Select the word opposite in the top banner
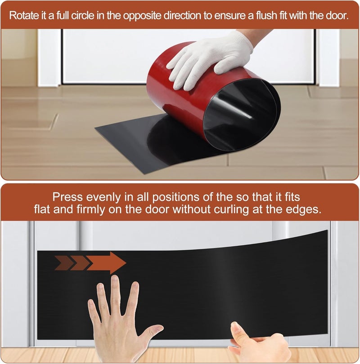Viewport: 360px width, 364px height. tap(142, 16)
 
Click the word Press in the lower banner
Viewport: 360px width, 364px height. tap(67, 197)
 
